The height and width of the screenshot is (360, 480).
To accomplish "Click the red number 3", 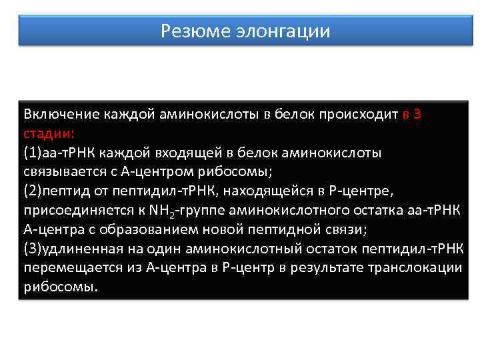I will (417, 114).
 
